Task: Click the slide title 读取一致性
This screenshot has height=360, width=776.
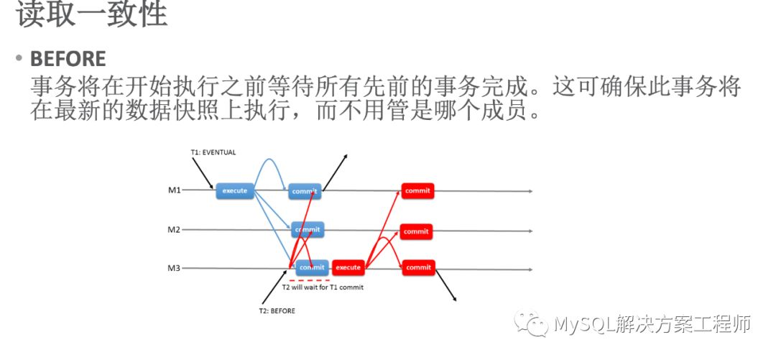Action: (x=92, y=15)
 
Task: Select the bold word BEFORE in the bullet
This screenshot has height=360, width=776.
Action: (x=68, y=59)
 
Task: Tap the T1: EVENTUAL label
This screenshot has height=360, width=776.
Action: (x=213, y=152)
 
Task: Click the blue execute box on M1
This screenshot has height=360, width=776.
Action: (x=235, y=190)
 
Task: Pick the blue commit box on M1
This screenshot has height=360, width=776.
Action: (x=305, y=191)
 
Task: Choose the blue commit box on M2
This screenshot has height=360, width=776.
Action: (x=308, y=230)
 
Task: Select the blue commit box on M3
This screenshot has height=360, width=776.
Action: (x=312, y=267)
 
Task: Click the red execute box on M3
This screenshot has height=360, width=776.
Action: (x=348, y=267)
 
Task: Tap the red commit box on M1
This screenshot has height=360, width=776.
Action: (x=417, y=191)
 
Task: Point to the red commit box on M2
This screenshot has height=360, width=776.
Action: (x=417, y=231)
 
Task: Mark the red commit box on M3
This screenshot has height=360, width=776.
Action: (x=418, y=267)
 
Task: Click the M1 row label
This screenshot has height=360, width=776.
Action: (x=174, y=190)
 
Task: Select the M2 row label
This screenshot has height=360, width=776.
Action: (x=174, y=230)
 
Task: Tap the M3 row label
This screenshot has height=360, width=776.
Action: (x=174, y=268)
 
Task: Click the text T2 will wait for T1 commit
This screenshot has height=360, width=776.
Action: (x=323, y=287)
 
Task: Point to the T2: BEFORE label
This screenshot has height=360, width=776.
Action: (x=277, y=311)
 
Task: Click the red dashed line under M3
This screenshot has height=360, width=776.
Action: (x=309, y=280)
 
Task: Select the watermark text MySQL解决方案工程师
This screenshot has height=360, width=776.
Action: (x=652, y=325)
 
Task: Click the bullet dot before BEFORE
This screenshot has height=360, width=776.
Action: (x=19, y=59)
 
